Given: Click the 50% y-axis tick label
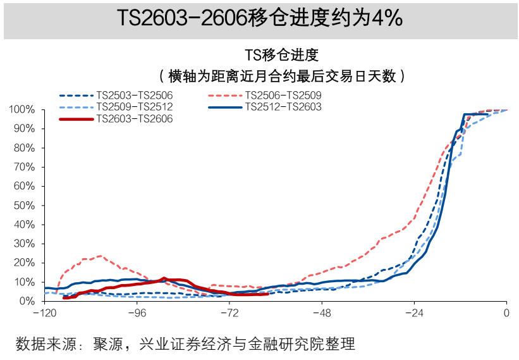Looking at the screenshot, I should click(x=25, y=206).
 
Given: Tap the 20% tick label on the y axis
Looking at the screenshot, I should click(x=25, y=263).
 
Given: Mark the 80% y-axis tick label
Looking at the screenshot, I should click(x=25, y=148).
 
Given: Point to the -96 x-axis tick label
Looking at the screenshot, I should click(x=137, y=313).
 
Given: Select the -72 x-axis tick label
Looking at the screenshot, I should click(x=230, y=313).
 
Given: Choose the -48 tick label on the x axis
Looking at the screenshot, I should click(x=322, y=313).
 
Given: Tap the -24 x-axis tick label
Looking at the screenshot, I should click(x=414, y=313).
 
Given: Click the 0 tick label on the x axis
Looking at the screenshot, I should click(x=506, y=313).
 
